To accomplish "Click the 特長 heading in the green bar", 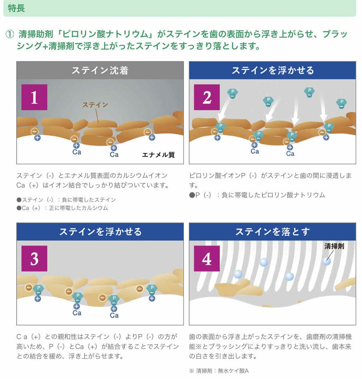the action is click(16, 8).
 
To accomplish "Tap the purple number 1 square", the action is click(34, 97).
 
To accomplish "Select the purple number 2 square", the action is click(207, 97).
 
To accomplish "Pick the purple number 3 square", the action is click(34, 259).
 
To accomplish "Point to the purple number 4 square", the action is click(207, 259).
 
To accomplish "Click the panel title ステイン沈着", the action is click(100, 70).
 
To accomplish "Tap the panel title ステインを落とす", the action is click(273, 232).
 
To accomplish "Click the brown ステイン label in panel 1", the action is click(95, 105).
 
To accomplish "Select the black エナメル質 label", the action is click(158, 155).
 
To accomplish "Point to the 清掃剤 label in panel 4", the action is click(334, 246).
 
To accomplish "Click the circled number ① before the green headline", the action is click(10, 34).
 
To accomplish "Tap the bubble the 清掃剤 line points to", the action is click(326, 261).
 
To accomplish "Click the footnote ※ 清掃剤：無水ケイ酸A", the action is click(219, 371).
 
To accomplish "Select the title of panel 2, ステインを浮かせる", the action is click(273, 70).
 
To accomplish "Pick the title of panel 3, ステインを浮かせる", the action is click(100, 232).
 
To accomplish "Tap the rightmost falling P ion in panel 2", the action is click(341, 104).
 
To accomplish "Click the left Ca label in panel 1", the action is click(77, 152).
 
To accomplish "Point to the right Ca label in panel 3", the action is click(114, 315).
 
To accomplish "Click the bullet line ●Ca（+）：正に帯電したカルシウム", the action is click(62, 208).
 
